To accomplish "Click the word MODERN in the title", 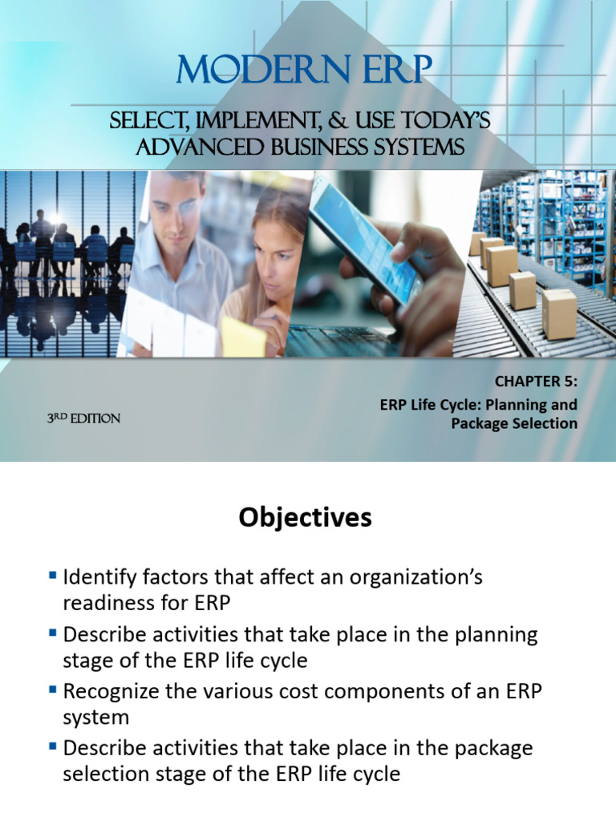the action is click(x=263, y=69).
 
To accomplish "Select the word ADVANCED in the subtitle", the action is click(x=200, y=147).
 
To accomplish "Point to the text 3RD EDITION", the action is click(x=83, y=419).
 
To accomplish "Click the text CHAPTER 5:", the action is click(x=536, y=381).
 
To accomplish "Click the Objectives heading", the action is click(x=306, y=518).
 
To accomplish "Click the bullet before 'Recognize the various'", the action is click(x=52, y=690).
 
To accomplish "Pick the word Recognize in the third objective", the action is click(x=111, y=692).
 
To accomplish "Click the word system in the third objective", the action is click(x=96, y=718).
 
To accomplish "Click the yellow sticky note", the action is click(x=243, y=336).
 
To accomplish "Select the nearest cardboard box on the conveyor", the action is click(x=559, y=315).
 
